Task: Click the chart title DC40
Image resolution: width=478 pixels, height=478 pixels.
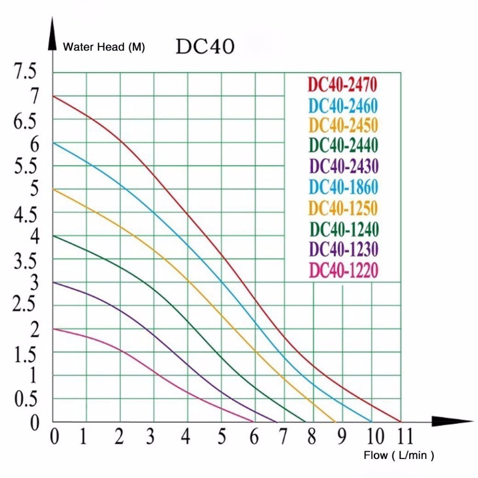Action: click(x=205, y=47)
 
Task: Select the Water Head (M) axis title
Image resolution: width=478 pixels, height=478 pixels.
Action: click(x=104, y=47)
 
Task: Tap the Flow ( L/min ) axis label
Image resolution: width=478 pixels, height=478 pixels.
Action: click(x=399, y=455)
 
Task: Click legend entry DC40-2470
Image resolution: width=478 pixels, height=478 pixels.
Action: click(x=343, y=85)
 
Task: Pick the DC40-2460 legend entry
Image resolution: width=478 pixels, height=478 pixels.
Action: click(x=343, y=105)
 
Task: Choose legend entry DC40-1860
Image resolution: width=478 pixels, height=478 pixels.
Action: click(x=343, y=187)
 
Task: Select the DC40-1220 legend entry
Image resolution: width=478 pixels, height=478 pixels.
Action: click(x=343, y=271)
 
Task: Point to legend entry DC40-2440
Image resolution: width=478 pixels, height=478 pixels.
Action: click(x=343, y=145)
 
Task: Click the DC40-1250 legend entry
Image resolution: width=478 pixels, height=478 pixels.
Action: click(x=343, y=208)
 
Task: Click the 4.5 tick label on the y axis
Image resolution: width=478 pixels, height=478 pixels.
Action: click(x=25, y=215)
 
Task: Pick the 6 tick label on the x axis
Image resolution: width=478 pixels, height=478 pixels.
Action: click(x=254, y=437)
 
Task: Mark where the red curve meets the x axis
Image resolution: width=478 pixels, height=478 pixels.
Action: click(x=400, y=422)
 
